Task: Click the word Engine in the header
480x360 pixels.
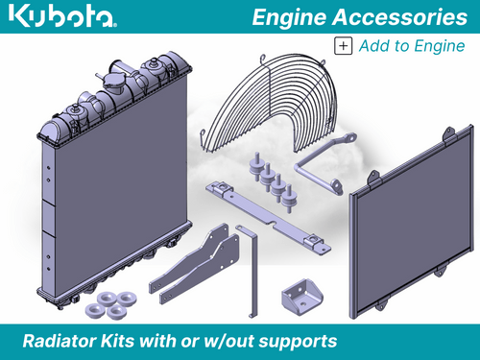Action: click(x=294, y=16)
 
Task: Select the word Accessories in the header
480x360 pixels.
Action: click(x=398, y=16)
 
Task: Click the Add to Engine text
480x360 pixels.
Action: click(x=412, y=45)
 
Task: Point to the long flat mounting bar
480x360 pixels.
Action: click(x=269, y=216)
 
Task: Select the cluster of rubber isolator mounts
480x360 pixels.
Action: click(x=274, y=180)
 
